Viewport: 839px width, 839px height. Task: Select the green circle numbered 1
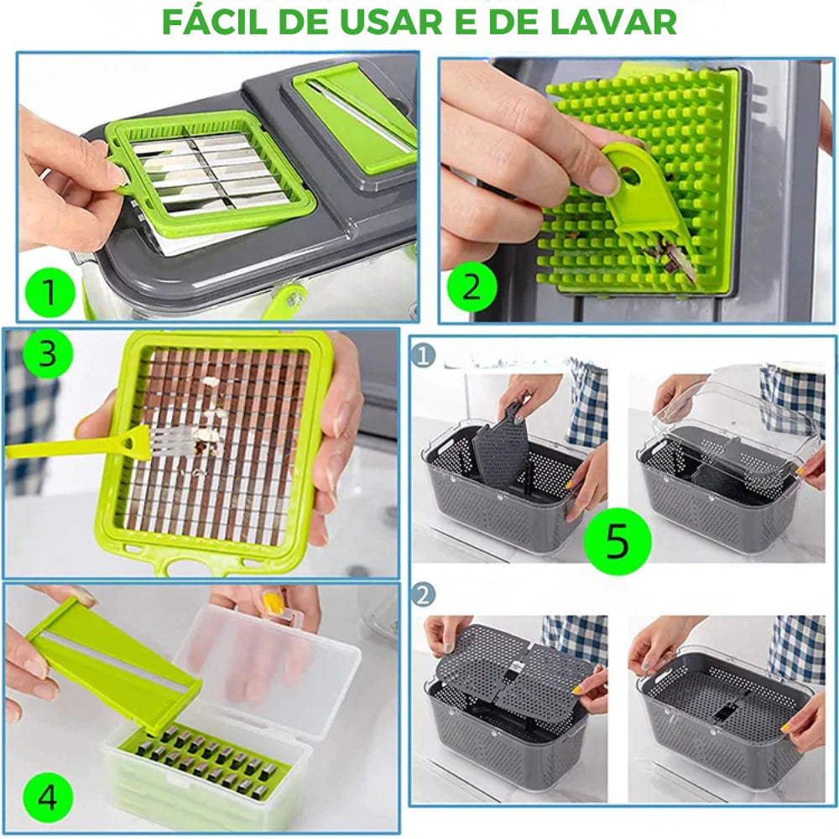[x=50, y=292]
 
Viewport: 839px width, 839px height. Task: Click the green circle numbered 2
[x=472, y=287]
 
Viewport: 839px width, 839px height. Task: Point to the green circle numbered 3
[x=47, y=354]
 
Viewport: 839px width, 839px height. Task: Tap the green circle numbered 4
[x=47, y=798]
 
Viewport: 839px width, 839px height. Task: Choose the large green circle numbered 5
[x=618, y=541]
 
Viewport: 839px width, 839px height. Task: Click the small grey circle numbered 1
[x=423, y=356]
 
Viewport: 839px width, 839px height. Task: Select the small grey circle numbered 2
[x=423, y=595]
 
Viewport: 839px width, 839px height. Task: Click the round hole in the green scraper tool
[x=630, y=176]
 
